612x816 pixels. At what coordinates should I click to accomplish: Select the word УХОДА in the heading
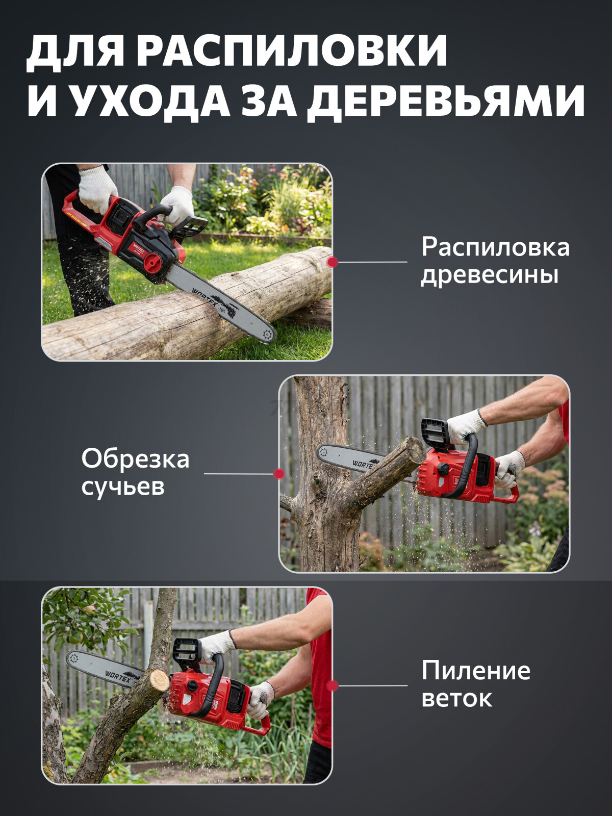tap(148, 100)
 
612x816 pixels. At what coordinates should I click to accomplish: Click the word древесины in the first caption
tap(489, 275)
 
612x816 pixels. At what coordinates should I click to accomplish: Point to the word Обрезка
tap(135, 458)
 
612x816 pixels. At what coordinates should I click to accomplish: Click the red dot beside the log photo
tap(333, 262)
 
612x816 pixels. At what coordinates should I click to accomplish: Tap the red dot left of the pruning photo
tap(278, 474)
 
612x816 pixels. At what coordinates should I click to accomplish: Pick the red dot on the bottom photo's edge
tap(333, 686)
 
